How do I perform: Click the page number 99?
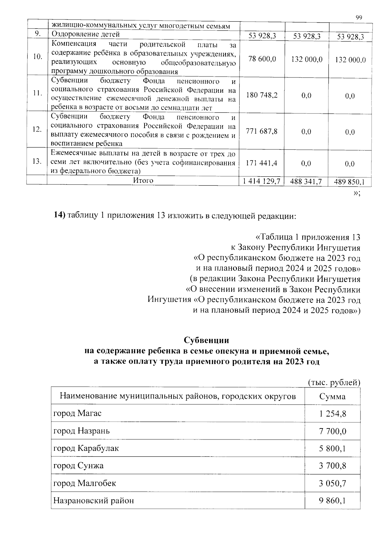359,18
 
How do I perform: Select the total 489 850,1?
350,182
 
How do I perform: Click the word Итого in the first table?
143,181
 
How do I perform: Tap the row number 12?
37,129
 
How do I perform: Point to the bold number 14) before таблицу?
60,216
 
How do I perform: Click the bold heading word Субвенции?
206,340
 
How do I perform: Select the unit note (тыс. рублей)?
334,382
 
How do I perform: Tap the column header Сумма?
332,396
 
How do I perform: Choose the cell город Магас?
77,414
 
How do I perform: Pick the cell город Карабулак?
86,448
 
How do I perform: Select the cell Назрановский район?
93,501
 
